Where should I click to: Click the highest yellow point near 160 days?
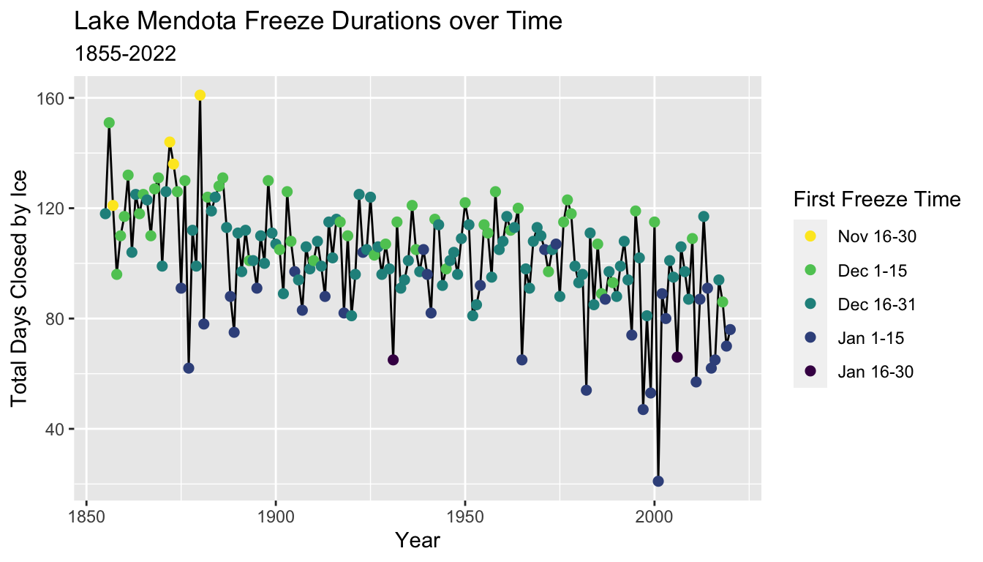(x=200, y=95)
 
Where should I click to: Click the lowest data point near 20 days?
(x=658, y=481)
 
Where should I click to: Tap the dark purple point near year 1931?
(x=393, y=359)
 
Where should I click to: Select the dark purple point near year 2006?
(x=677, y=357)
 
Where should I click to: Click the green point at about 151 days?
(x=109, y=122)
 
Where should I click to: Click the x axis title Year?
(x=418, y=541)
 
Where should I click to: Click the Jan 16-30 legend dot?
(x=810, y=371)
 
